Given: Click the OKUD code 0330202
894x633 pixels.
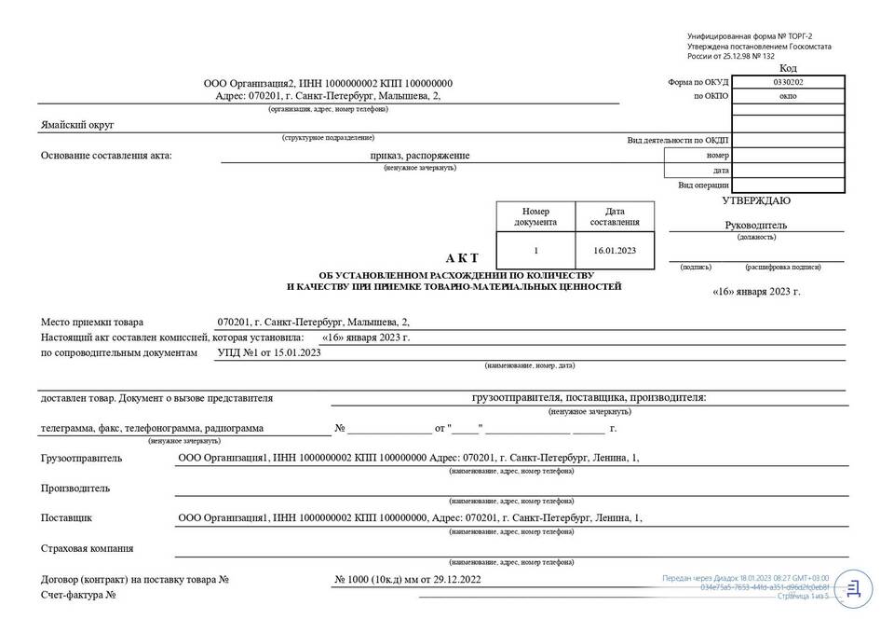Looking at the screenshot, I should point(788,82).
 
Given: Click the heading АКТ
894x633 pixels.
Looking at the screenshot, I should point(462,257).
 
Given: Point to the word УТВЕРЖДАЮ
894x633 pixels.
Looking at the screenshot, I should point(756,200).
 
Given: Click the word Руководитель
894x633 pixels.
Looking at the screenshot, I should point(756,225).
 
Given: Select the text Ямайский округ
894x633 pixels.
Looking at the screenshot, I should point(77,125).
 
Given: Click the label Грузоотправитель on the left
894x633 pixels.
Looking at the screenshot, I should point(81,459).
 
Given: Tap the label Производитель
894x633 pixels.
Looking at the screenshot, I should point(75,488).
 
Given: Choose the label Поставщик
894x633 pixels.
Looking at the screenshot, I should point(66,517).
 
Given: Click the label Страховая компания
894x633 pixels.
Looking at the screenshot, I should point(87,548).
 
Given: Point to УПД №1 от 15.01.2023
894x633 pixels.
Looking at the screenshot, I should point(268,353).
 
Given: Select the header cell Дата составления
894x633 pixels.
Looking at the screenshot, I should point(615,216).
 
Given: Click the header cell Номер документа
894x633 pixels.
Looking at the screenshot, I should point(535,216).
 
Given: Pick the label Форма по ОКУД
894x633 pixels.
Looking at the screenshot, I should point(698,82).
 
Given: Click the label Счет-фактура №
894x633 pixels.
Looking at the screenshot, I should point(78,595).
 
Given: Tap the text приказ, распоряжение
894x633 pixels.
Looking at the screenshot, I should point(419,156).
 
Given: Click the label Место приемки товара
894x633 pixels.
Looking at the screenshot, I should point(92,323).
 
